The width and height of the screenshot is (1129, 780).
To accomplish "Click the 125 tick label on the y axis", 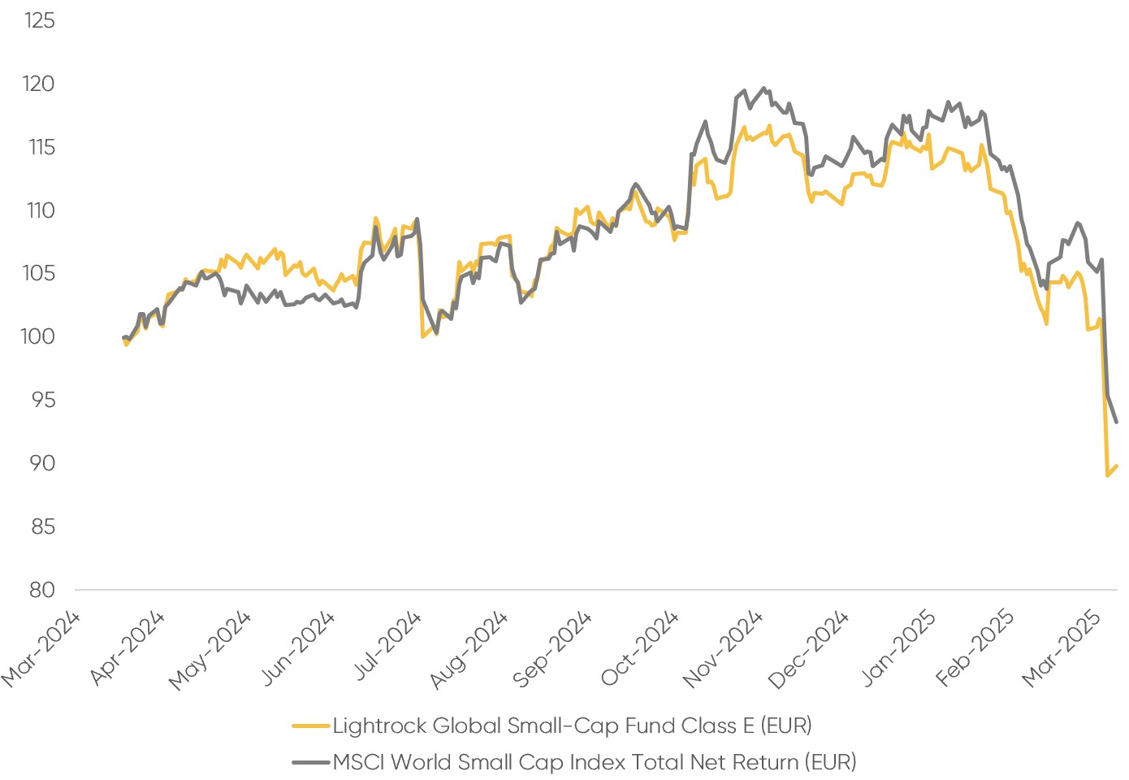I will point(39,20).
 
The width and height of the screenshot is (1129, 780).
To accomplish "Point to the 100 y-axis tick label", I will point(39,336).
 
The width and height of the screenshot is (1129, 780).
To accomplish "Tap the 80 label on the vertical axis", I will point(41,590).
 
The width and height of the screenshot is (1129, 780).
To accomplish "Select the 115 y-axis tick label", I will point(39,147).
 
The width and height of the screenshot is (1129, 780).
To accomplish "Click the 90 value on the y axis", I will point(41,463).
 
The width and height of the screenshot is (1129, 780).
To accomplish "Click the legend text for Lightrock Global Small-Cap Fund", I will point(572,725).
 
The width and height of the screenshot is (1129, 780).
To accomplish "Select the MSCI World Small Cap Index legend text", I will point(595,762).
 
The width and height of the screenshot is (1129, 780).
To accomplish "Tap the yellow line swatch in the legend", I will point(311,726).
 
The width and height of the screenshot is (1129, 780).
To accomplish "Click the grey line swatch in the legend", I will point(311,763).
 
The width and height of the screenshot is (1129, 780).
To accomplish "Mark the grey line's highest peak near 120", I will point(763,88).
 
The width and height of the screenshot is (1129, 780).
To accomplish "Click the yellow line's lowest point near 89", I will point(1107,475).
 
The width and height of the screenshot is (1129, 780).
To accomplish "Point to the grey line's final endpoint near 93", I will point(1117,422).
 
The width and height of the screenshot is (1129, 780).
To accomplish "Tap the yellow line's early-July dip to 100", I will point(422,336).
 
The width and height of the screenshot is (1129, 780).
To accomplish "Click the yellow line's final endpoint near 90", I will point(1117,466).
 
